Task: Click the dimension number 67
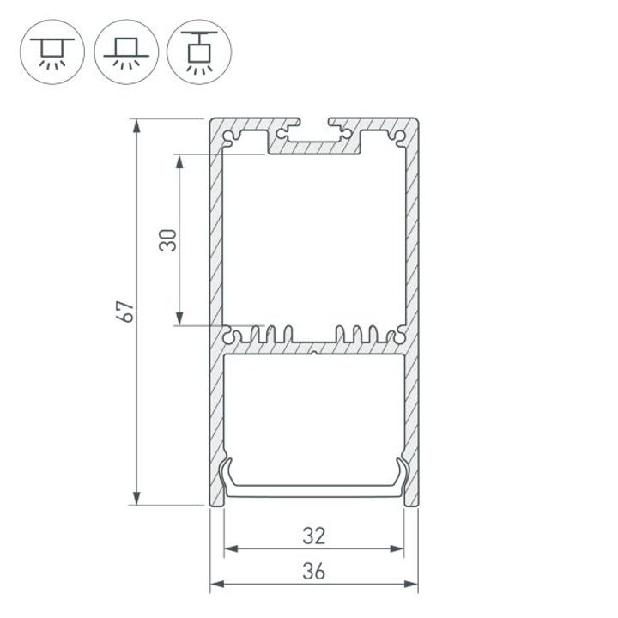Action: pyautogui.click(x=125, y=312)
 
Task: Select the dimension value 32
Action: pyautogui.click(x=314, y=536)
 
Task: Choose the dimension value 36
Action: pyautogui.click(x=314, y=571)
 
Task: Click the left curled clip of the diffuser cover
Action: pyautogui.click(x=228, y=474)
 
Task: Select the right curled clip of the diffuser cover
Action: pyautogui.click(x=400, y=474)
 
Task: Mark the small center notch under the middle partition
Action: pyautogui.click(x=314, y=353)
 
